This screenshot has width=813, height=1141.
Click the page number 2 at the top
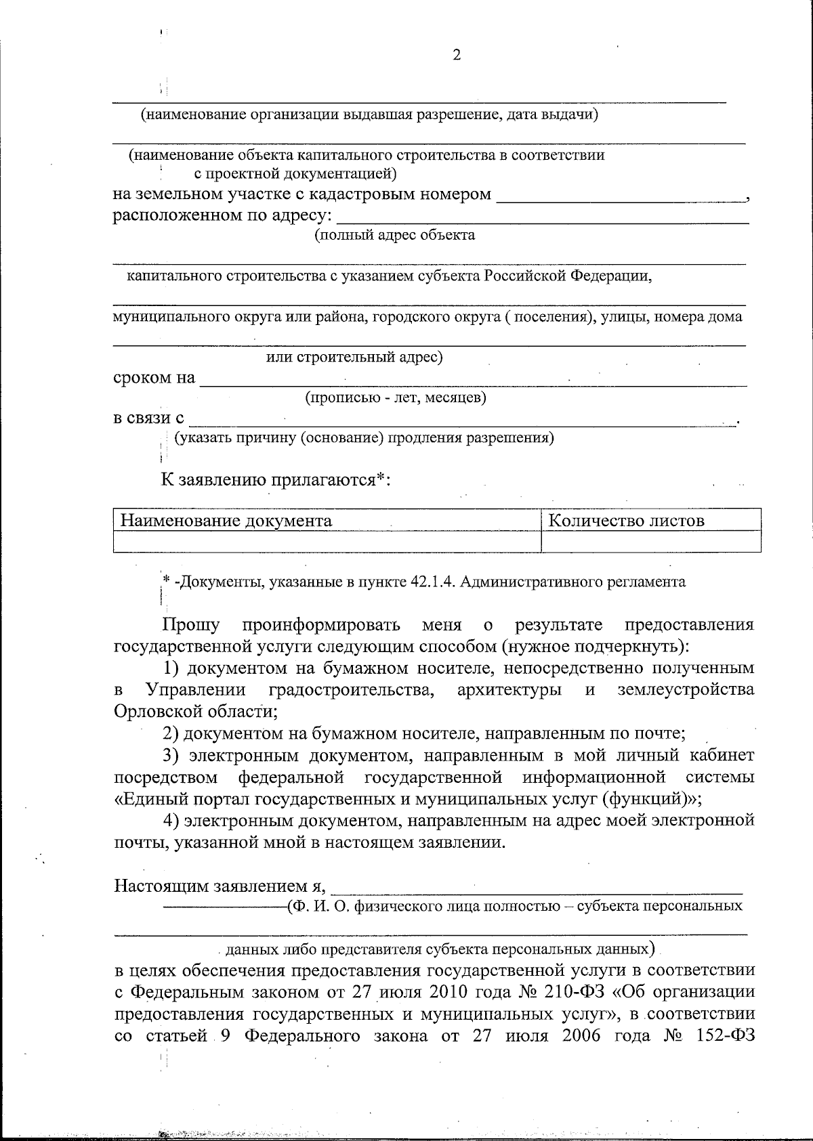(x=456, y=56)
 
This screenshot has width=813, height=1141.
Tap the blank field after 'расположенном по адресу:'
(x=542, y=217)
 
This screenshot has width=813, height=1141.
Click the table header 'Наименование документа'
(x=226, y=520)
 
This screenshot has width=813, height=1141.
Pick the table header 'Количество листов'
(x=625, y=520)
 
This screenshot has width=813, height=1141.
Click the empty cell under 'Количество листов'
(x=650, y=541)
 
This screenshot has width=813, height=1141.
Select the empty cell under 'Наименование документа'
(x=327, y=541)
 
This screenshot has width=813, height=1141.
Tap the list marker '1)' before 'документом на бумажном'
(x=172, y=668)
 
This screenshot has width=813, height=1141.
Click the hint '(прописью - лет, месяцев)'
(x=396, y=397)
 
